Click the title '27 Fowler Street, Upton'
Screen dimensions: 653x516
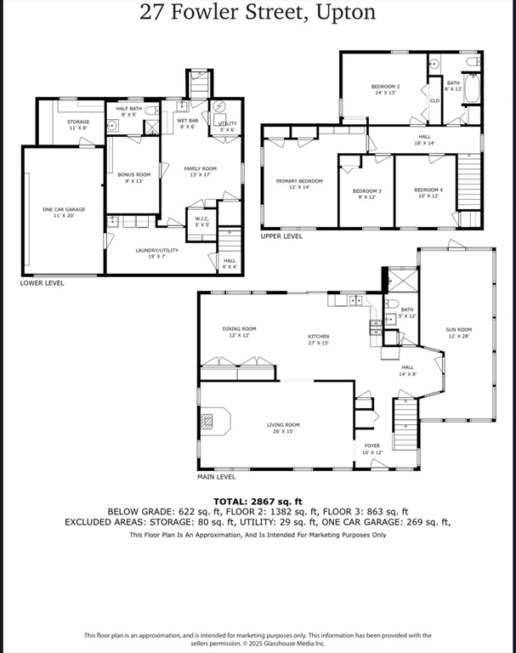coord(258,14)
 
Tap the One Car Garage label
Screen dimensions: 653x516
coord(64,212)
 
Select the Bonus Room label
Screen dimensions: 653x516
coord(133,177)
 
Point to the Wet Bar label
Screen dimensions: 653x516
coord(187,124)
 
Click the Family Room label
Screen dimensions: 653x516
coord(201,172)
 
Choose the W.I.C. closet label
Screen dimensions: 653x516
coord(201,221)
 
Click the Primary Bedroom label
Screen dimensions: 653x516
coord(299,184)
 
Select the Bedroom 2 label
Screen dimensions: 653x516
coord(385,89)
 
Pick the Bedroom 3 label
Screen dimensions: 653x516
coord(366,193)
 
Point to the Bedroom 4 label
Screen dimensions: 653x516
coord(428,192)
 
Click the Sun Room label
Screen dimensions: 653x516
coord(458,332)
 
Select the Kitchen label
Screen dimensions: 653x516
coord(318,339)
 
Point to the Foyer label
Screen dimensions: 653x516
coord(372,448)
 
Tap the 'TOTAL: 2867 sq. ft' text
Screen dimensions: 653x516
coord(258,501)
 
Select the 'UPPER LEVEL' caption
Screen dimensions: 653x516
coord(281,236)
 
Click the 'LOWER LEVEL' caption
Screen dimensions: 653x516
coord(42,283)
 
